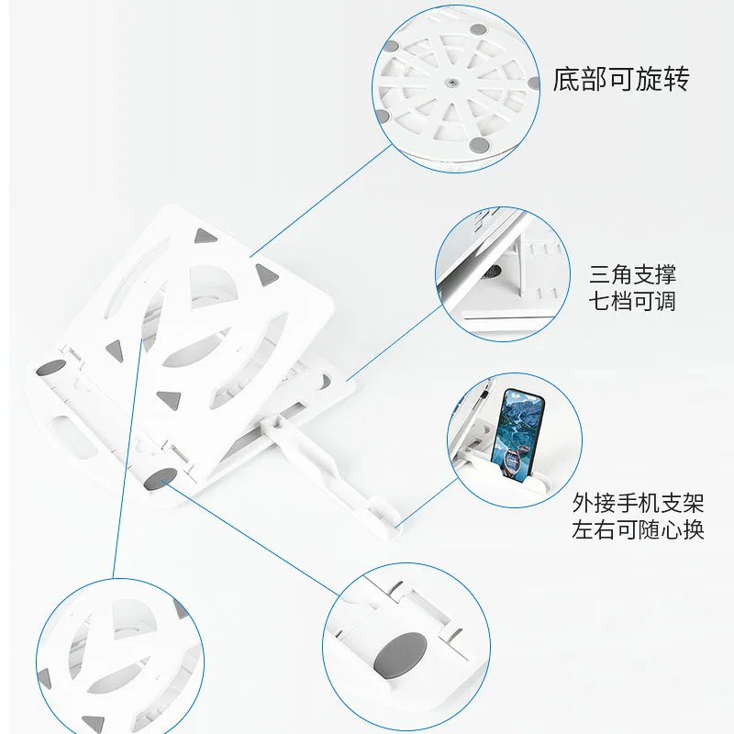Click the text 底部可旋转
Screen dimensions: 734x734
coord(621,79)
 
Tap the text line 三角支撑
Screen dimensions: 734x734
coord(632,274)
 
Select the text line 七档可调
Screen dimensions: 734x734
coord(632,301)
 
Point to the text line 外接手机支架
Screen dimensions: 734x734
coord(638,503)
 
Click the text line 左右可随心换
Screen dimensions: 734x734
coord(638,530)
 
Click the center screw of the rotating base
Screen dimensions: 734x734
coord(450,83)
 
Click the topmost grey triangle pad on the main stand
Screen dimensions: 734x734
coord(205,235)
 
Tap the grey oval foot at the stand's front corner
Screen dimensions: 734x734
coord(161,478)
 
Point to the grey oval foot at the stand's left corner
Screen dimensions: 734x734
coord(51,368)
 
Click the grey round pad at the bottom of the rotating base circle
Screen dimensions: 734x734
coord(477,145)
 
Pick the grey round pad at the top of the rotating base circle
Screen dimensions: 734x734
coord(477,29)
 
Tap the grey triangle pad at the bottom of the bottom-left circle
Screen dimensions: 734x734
coord(95,724)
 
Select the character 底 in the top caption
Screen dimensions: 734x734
coord(566,79)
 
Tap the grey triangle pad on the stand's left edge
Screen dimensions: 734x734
coord(115,350)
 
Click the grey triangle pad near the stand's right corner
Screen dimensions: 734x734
coord(267,274)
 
